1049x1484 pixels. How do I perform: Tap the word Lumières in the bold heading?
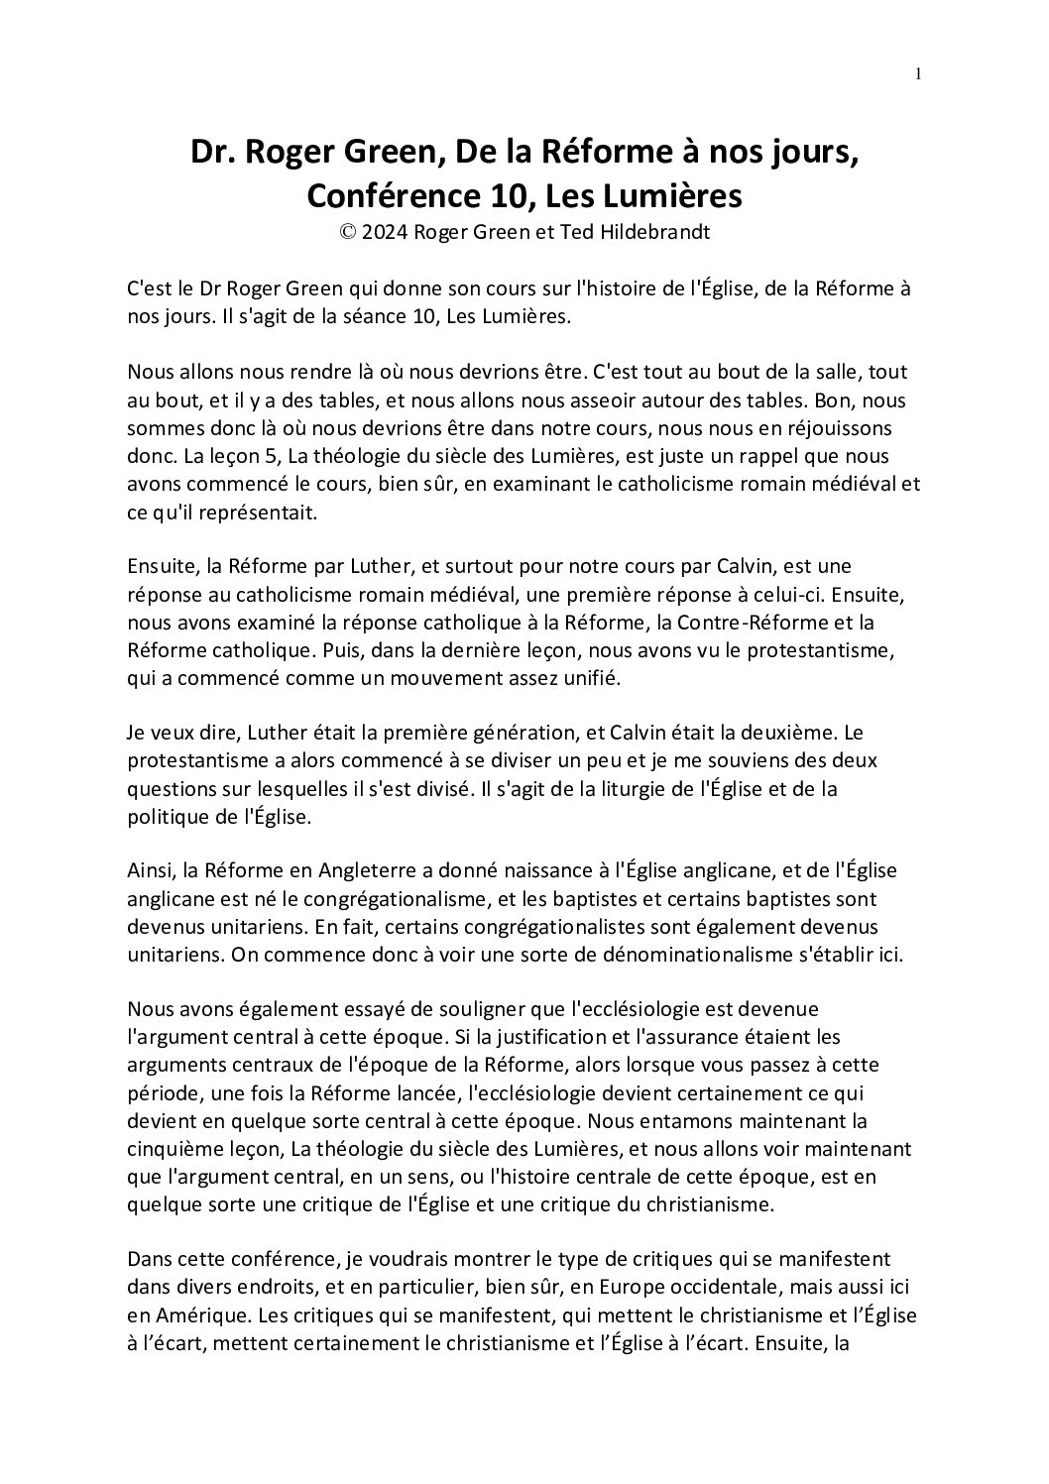click(x=680, y=195)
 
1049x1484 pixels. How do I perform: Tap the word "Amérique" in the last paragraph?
click(x=190, y=1317)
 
